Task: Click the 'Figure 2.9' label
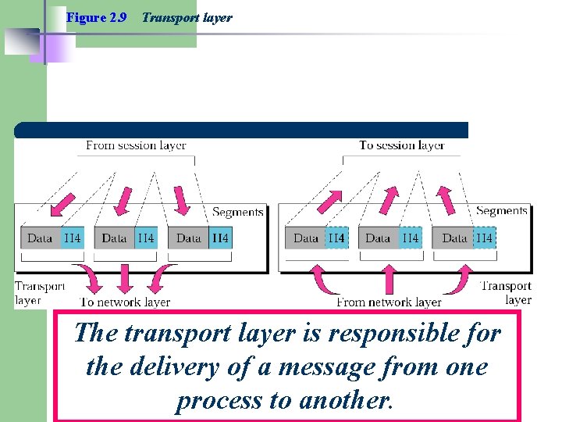[x=97, y=17]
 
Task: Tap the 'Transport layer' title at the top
[x=187, y=17]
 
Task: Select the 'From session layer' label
[x=136, y=145]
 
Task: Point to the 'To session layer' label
[x=401, y=145]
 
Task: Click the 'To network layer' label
[x=125, y=302]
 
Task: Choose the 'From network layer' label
[x=389, y=302]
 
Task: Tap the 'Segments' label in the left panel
[x=237, y=212]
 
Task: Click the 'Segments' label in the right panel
[x=501, y=211]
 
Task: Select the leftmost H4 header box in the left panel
[x=73, y=238]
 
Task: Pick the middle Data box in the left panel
[x=114, y=238]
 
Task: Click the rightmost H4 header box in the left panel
[x=220, y=238]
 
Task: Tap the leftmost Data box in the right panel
[x=306, y=238]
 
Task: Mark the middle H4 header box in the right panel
[x=410, y=238]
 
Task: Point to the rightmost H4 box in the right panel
[x=484, y=238]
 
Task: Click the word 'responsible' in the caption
[x=365, y=334]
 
